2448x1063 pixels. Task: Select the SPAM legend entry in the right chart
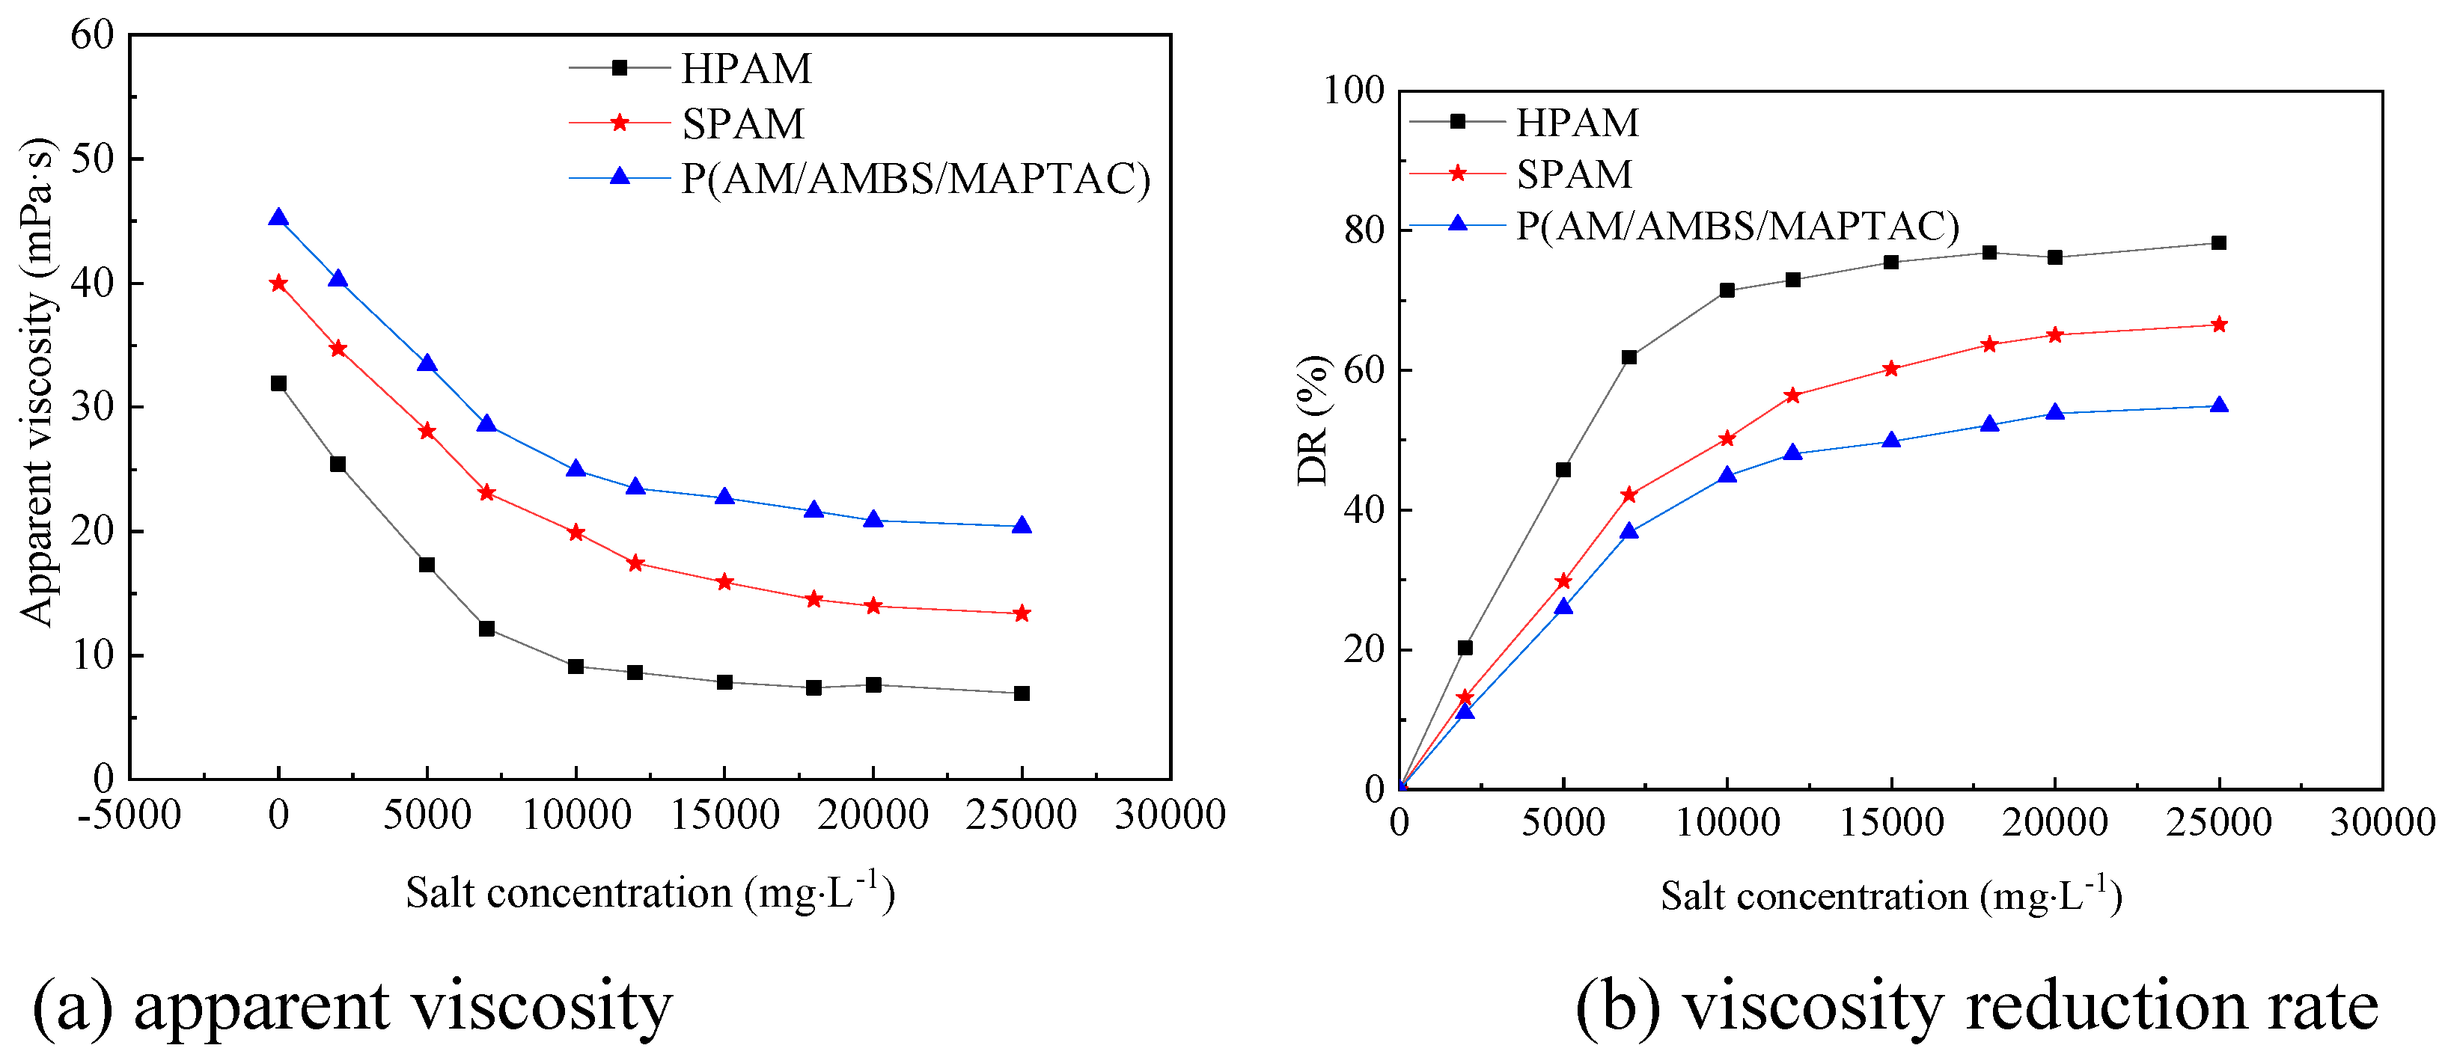tap(1574, 175)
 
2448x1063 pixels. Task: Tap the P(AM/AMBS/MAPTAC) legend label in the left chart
tap(915, 179)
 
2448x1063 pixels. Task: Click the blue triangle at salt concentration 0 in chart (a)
tap(278, 218)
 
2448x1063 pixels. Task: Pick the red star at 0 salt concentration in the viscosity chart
tap(278, 283)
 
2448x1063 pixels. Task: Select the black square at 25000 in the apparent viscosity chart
tap(1022, 693)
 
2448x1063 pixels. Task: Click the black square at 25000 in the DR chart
tap(2219, 243)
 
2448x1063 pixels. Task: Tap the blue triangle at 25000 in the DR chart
tap(2219, 405)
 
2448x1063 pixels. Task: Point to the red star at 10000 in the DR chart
tap(1727, 439)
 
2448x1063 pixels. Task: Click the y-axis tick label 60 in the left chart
tap(92, 36)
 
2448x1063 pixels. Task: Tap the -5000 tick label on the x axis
tap(129, 815)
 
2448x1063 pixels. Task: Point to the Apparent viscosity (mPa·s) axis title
tap(38, 380)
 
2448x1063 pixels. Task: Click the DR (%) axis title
tap(1314, 420)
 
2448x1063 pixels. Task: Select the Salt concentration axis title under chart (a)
tap(650, 893)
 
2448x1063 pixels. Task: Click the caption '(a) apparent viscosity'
tap(352, 1007)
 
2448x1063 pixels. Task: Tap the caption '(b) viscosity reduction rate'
tap(1977, 1007)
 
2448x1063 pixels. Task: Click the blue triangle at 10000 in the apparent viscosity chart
tap(576, 471)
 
